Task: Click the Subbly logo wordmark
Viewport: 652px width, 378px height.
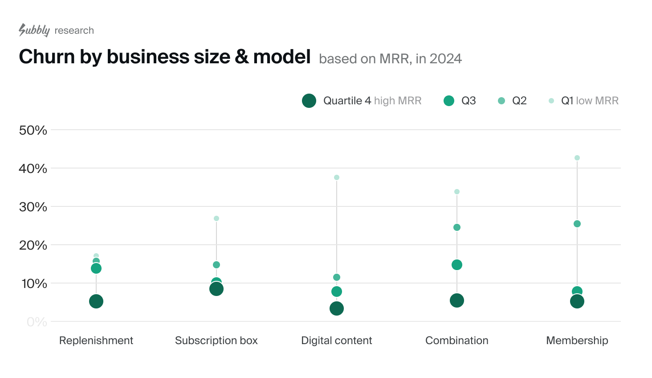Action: click(x=34, y=30)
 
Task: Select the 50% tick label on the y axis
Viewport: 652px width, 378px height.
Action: click(x=33, y=130)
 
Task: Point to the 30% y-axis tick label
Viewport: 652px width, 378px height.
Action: click(x=33, y=207)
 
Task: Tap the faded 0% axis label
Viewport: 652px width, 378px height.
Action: click(x=37, y=322)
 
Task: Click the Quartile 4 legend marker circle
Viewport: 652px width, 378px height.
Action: click(x=309, y=101)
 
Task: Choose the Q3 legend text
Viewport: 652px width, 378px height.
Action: click(x=469, y=101)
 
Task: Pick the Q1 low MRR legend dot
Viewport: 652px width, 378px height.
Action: click(x=551, y=101)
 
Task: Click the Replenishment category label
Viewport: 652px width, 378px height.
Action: click(x=96, y=341)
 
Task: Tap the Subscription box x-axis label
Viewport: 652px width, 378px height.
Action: click(x=216, y=341)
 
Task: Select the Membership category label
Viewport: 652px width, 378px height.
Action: click(x=577, y=341)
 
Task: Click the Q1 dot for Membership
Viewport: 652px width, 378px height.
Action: click(x=577, y=158)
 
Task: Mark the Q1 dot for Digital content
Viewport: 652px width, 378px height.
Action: click(x=337, y=177)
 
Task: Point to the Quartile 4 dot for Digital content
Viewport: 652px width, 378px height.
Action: click(x=337, y=308)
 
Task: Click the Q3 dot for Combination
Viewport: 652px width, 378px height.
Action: click(x=457, y=265)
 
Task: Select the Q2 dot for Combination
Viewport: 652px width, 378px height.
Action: click(x=457, y=227)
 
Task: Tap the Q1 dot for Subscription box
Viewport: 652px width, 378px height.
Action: click(x=216, y=218)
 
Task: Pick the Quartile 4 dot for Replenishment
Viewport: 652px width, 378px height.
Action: click(x=96, y=301)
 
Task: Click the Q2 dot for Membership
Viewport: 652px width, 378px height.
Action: click(x=577, y=224)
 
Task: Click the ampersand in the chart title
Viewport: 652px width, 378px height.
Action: click(x=241, y=57)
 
